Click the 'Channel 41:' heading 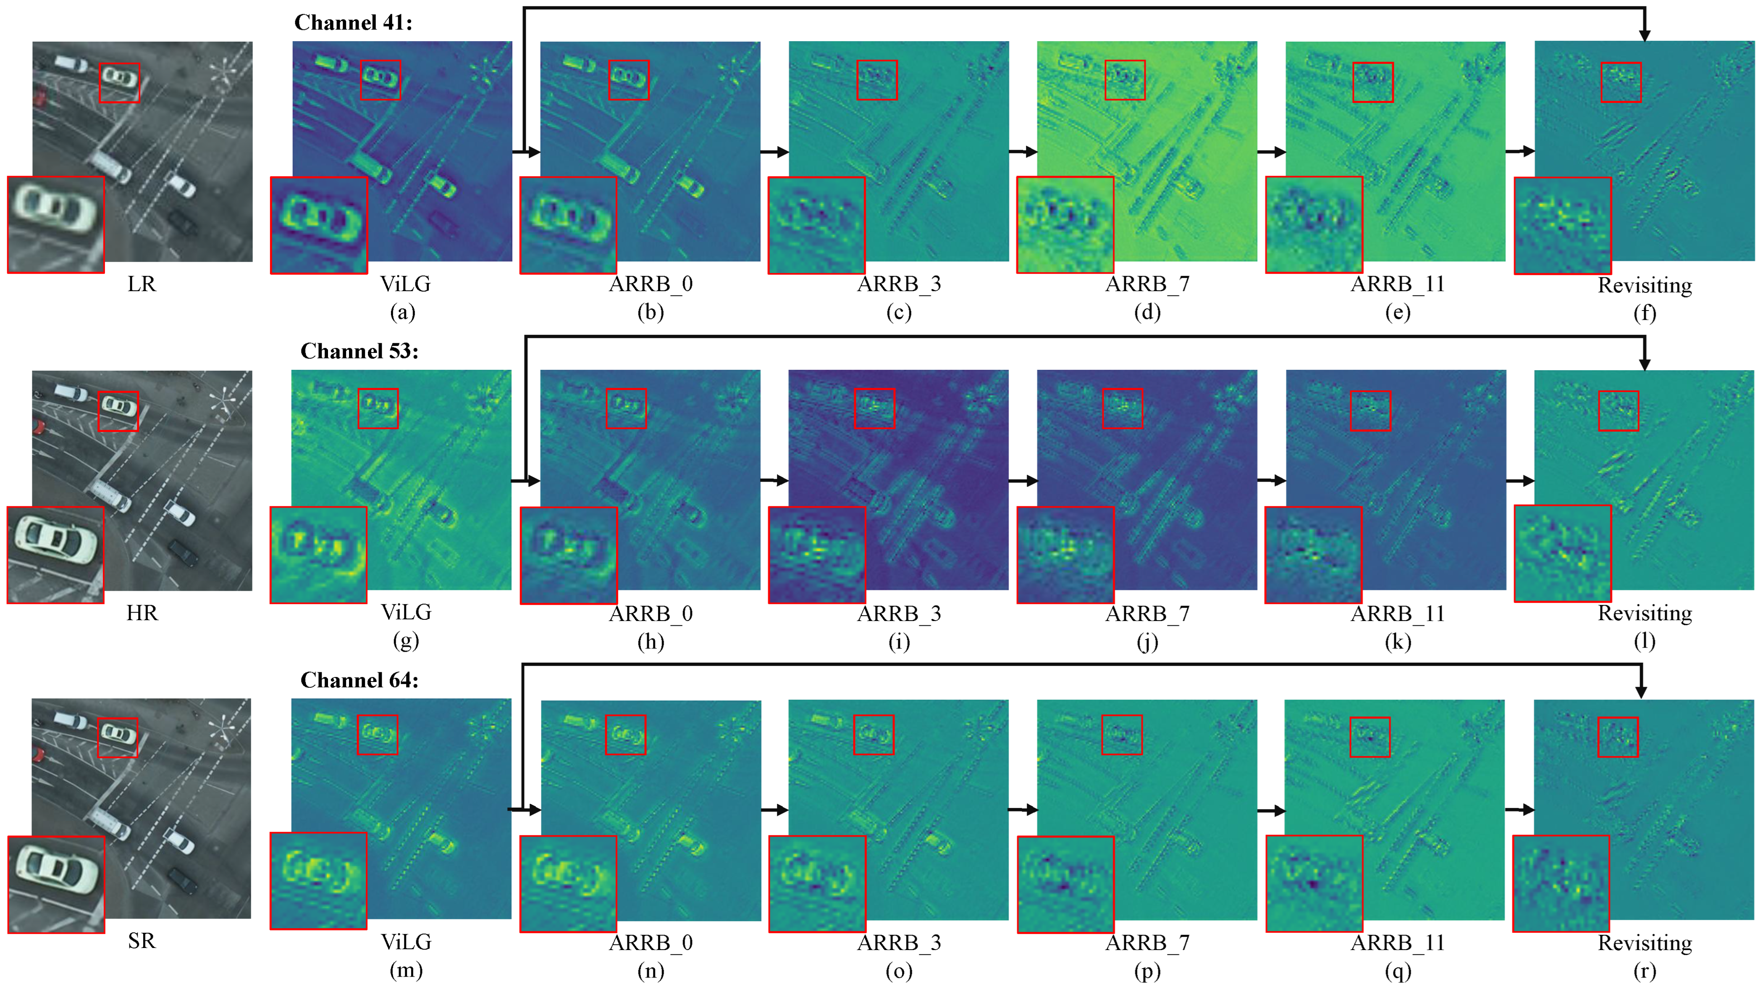(x=353, y=23)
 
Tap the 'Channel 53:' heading (x=359, y=351)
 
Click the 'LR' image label (x=142, y=284)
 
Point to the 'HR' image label (x=142, y=612)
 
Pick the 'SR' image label (x=142, y=941)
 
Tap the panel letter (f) (x=1645, y=313)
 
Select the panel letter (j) (x=1147, y=642)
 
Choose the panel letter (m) (x=406, y=970)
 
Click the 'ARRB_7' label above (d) (x=1147, y=284)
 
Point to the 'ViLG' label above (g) (x=406, y=612)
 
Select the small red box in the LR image (x=119, y=83)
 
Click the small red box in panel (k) (x=1370, y=411)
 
